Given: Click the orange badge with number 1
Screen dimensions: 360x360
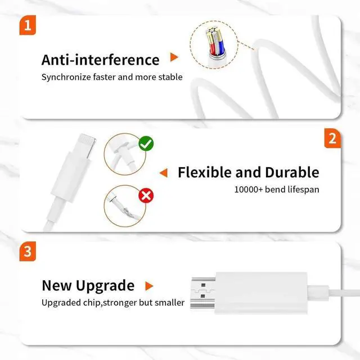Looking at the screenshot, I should (28, 27).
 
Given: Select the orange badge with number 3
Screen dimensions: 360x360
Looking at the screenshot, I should (28, 252).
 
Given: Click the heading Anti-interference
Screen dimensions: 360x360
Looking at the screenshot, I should (101, 60).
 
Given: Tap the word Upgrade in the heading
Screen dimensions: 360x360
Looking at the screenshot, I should (106, 285).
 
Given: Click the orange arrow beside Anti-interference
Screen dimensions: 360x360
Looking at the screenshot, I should (174, 58).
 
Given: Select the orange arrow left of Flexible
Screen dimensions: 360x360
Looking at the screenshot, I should (164, 172).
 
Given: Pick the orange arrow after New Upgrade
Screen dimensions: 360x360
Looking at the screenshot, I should (149, 286).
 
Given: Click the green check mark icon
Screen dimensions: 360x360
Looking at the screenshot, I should (146, 144).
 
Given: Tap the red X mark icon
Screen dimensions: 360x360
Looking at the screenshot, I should (146, 195).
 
